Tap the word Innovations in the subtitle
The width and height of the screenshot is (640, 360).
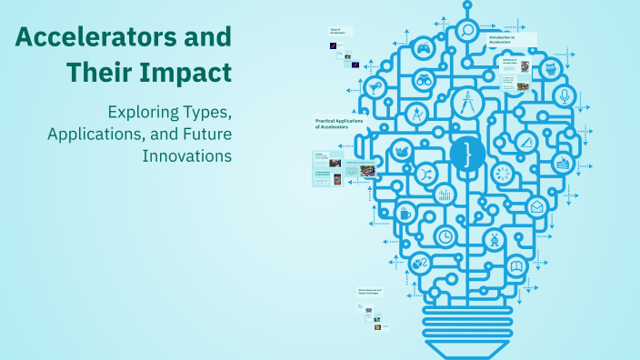pyautogui.click(x=186, y=155)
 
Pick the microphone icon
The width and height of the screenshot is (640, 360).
pyautogui.click(x=565, y=95)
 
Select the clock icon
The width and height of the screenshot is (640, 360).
pyautogui.click(x=445, y=235)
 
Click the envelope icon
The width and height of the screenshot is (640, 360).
pyautogui.click(x=536, y=206)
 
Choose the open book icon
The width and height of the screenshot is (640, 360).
pyautogui.click(x=516, y=266)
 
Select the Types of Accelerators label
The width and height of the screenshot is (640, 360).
pyautogui.click(x=340, y=30)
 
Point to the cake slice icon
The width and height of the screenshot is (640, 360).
pyautogui.click(x=563, y=164)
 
